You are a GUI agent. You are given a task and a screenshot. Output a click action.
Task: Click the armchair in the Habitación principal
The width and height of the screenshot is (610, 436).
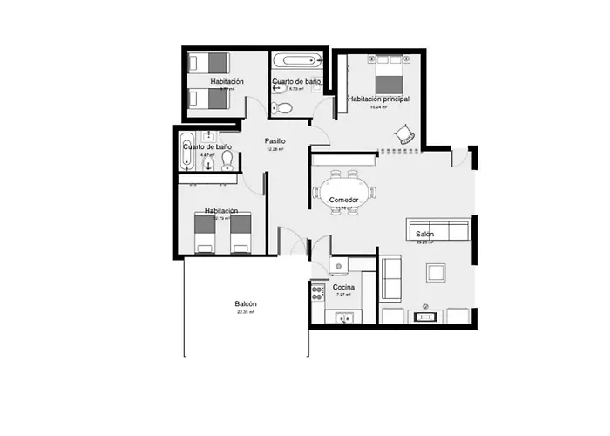point(404,133)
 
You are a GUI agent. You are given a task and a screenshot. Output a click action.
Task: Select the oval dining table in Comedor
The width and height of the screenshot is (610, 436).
point(343,191)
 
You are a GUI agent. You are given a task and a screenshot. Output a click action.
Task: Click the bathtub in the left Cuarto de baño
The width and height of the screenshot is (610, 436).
point(187,152)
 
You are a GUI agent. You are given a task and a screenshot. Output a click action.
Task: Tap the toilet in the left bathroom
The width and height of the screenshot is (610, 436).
point(227,160)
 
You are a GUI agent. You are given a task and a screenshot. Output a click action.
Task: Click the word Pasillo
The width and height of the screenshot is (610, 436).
point(275,140)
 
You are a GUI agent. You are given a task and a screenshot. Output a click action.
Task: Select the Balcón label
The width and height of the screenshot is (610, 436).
point(245,303)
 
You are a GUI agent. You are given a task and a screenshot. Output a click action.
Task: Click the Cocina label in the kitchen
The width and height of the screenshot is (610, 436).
point(343,287)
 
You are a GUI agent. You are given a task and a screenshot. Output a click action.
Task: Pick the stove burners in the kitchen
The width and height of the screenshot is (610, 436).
point(317,294)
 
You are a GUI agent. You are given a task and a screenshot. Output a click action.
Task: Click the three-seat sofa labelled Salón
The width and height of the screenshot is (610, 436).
point(440,232)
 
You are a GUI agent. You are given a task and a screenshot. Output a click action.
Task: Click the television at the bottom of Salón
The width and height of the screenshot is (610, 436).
point(425,317)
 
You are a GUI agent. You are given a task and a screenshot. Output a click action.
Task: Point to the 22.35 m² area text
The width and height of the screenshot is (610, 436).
point(245,311)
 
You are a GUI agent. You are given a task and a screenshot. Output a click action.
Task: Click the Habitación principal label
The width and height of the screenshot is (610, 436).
point(378,99)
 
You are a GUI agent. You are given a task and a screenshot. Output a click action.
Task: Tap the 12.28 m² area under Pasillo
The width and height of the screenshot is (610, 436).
point(275,149)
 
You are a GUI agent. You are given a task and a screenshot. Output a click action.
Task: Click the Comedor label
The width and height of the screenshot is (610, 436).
point(344,201)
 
